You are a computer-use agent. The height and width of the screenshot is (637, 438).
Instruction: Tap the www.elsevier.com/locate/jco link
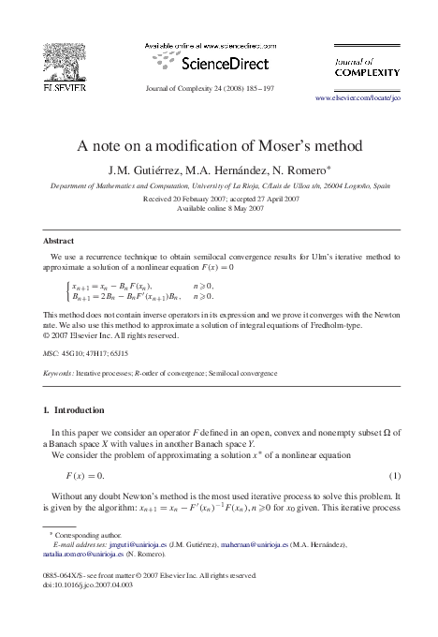[357, 96]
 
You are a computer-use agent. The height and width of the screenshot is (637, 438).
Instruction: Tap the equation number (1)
[394, 475]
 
